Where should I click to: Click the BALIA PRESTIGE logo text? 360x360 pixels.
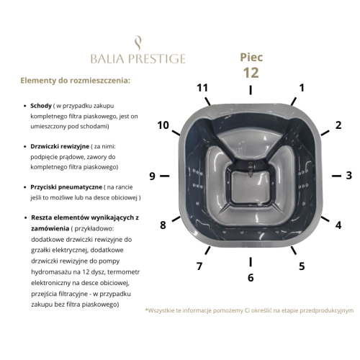coord(138,59)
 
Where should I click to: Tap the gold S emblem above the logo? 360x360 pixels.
coord(138,43)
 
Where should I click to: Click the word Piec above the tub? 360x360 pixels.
coord(251,58)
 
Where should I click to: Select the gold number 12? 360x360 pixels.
coord(251,73)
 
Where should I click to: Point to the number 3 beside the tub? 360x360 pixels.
coord(349,176)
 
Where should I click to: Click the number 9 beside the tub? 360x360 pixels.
coord(152,176)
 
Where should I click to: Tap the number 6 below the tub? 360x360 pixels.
coord(251,278)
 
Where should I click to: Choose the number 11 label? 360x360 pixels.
coord(202,88)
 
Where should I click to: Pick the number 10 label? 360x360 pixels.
coord(163,125)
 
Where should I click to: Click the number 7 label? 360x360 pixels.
coord(199,266)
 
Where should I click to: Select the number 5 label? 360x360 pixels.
coord(302,266)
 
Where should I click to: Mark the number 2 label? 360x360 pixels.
coord(338,125)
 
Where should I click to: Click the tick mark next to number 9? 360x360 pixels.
coord(165,176)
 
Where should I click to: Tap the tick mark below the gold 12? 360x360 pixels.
coord(251,90)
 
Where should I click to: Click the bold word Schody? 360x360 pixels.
coord(41,106)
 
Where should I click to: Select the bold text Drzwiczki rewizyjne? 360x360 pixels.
coord(60,146)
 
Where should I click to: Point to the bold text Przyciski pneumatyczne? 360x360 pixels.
coord(66,187)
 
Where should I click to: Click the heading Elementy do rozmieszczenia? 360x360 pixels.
coord(75,81)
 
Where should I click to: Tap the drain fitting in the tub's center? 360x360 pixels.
coord(251,169)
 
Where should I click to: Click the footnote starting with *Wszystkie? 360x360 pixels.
coord(249,310)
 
